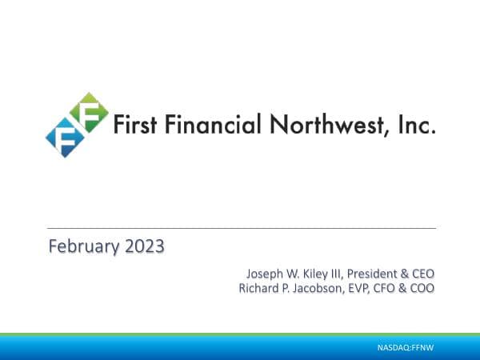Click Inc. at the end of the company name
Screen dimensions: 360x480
click(x=417, y=126)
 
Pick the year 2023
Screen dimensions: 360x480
click(x=143, y=246)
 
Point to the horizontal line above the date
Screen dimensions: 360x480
click(x=240, y=228)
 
